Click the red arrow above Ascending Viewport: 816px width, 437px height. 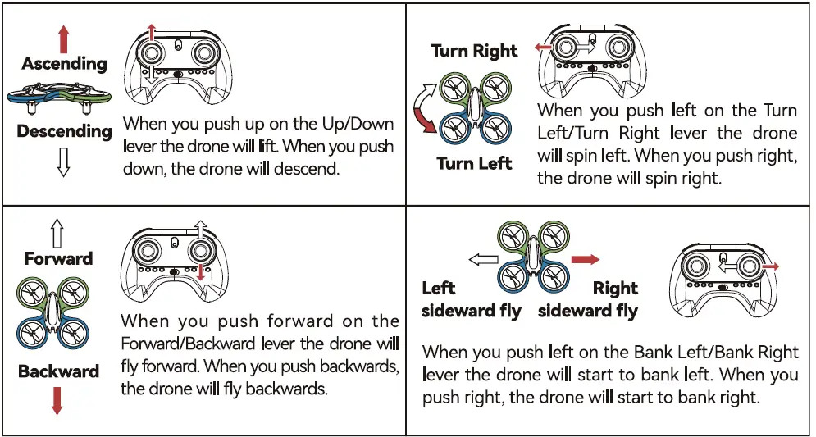64,39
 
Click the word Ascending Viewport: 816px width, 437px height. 64,63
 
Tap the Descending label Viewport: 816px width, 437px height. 64,131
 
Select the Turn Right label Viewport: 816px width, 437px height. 474,51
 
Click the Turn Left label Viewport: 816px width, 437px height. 474,163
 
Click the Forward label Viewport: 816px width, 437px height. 58,259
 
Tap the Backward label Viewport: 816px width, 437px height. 58,371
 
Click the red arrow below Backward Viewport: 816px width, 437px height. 57,399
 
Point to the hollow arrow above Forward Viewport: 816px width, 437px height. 57,234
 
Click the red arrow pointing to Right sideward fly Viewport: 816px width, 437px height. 585,259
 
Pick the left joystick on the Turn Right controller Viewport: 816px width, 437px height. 566,48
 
